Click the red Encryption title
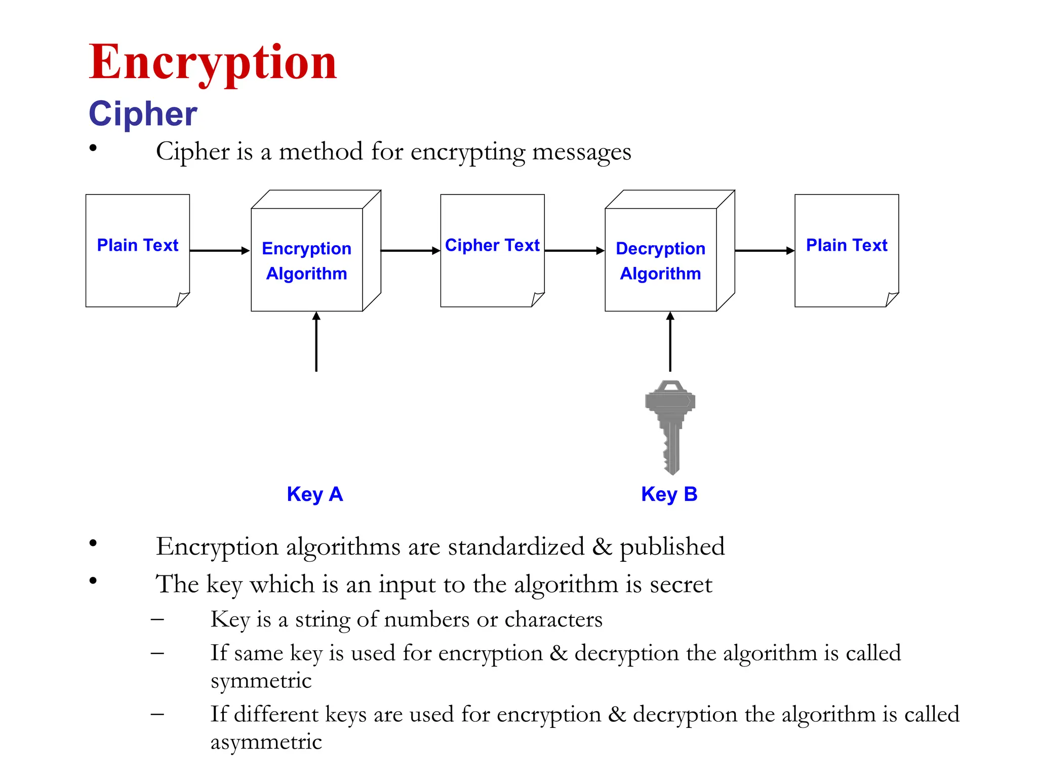pos(213,63)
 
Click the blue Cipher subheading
pos(143,113)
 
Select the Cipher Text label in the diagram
pos(492,245)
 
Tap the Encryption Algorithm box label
pos(307,261)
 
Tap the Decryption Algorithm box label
pos(660,261)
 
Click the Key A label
pos(315,494)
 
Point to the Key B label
pos(669,494)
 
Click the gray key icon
pos(670,425)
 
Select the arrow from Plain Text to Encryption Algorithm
pos(220,250)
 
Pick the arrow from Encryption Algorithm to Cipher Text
pos(410,250)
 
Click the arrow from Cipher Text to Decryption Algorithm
pos(574,250)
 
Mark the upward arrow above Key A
pos(316,341)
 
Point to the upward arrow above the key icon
pos(670,341)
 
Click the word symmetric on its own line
pos(261,681)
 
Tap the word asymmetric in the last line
pos(266,743)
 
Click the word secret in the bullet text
pos(681,585)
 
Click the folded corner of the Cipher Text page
pos(537,299)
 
